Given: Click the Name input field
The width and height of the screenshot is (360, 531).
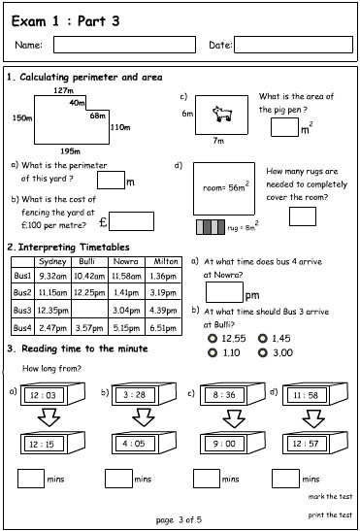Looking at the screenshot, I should tap(111, 44).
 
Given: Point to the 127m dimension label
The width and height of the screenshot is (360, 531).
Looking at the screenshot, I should tap(63, 90).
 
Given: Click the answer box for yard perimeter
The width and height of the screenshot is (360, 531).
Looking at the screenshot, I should tap(111, 180).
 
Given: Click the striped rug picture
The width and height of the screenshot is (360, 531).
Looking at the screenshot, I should tap(210, 227).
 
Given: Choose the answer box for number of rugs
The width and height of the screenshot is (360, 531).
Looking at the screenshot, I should tap(302, 216).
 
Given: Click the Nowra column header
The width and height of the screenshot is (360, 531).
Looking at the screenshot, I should tap(126, 261).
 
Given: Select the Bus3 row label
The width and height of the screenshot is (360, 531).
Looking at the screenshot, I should tap(22, 309).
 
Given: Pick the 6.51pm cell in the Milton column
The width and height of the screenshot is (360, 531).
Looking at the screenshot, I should tap(164, 328).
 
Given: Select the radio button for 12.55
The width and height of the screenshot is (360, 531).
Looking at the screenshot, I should tap(213, 337).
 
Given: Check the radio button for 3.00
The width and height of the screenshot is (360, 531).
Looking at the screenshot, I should tap(263, 353).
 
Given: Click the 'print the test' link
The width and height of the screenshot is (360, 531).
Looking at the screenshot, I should tap(331, 514).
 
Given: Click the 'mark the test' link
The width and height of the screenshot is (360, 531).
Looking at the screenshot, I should tap(331, 496).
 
